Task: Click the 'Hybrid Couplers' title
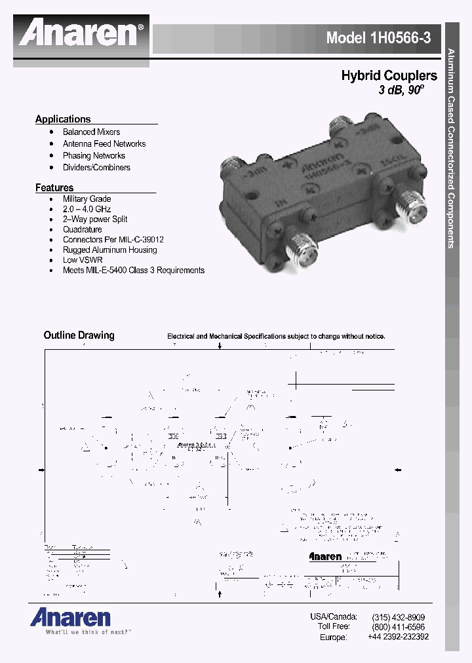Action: [x=389, y=76]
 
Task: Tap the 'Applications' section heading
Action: [x=63, y=119]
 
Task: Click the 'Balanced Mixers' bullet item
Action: [x=91, y=132]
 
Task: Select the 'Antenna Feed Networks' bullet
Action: [x=104, y=143]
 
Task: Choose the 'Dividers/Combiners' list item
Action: [x=96, y=167]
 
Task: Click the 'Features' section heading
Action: [x=54, y=188]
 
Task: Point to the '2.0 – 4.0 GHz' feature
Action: [x=87, y=209]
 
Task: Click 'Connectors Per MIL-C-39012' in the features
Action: [x=113, y=240]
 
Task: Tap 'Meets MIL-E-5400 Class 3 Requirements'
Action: [x=134, y=270]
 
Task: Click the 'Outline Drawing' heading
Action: [x=79, y=335]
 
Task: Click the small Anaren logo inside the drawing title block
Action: [x=326, y=557]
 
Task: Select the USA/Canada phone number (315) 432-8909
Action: [x=398, y=617]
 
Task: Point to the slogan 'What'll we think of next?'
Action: [x=80, y=633]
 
